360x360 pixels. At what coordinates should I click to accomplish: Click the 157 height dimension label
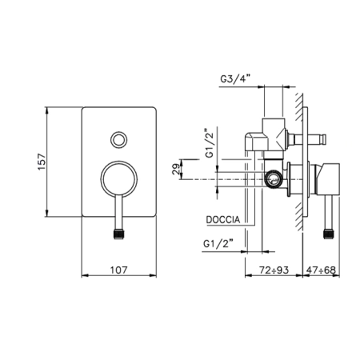point(42,162)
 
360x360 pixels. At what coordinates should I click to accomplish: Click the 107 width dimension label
point(119,270)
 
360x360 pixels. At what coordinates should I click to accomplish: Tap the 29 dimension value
point(176,169)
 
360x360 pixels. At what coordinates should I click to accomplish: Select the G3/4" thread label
point(235,79)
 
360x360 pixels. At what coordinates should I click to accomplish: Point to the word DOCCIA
point(223,220)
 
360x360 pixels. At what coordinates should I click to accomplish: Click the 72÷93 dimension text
point(274,270)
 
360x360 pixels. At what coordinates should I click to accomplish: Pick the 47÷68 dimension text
point(321,270)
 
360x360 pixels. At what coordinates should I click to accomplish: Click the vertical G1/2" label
point(210,143)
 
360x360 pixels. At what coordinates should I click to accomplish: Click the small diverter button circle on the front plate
point(119,139)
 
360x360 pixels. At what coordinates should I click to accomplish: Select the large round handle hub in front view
point(119,179)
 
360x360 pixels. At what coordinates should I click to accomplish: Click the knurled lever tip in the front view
point(119,234)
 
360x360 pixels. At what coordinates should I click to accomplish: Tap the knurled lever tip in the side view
point(329,234)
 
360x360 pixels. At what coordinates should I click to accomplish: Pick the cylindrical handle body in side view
point(328,179)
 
